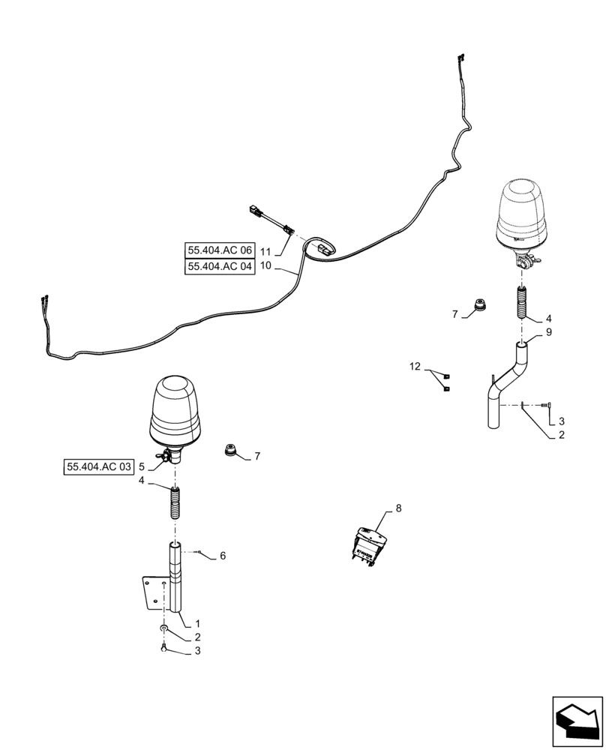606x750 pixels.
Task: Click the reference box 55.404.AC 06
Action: click(220, 250)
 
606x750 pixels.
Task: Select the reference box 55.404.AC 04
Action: click(220, 266)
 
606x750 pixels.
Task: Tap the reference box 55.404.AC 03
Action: click(99, 467)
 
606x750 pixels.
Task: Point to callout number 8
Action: click(398, 508)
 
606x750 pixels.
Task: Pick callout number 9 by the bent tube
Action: click(548, 331)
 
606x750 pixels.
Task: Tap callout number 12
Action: click(415, 367)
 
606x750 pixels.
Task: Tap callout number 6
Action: click(222, 556)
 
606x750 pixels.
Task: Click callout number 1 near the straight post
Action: click(196, 623)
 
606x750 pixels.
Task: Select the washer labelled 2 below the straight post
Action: click(164, 628)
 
